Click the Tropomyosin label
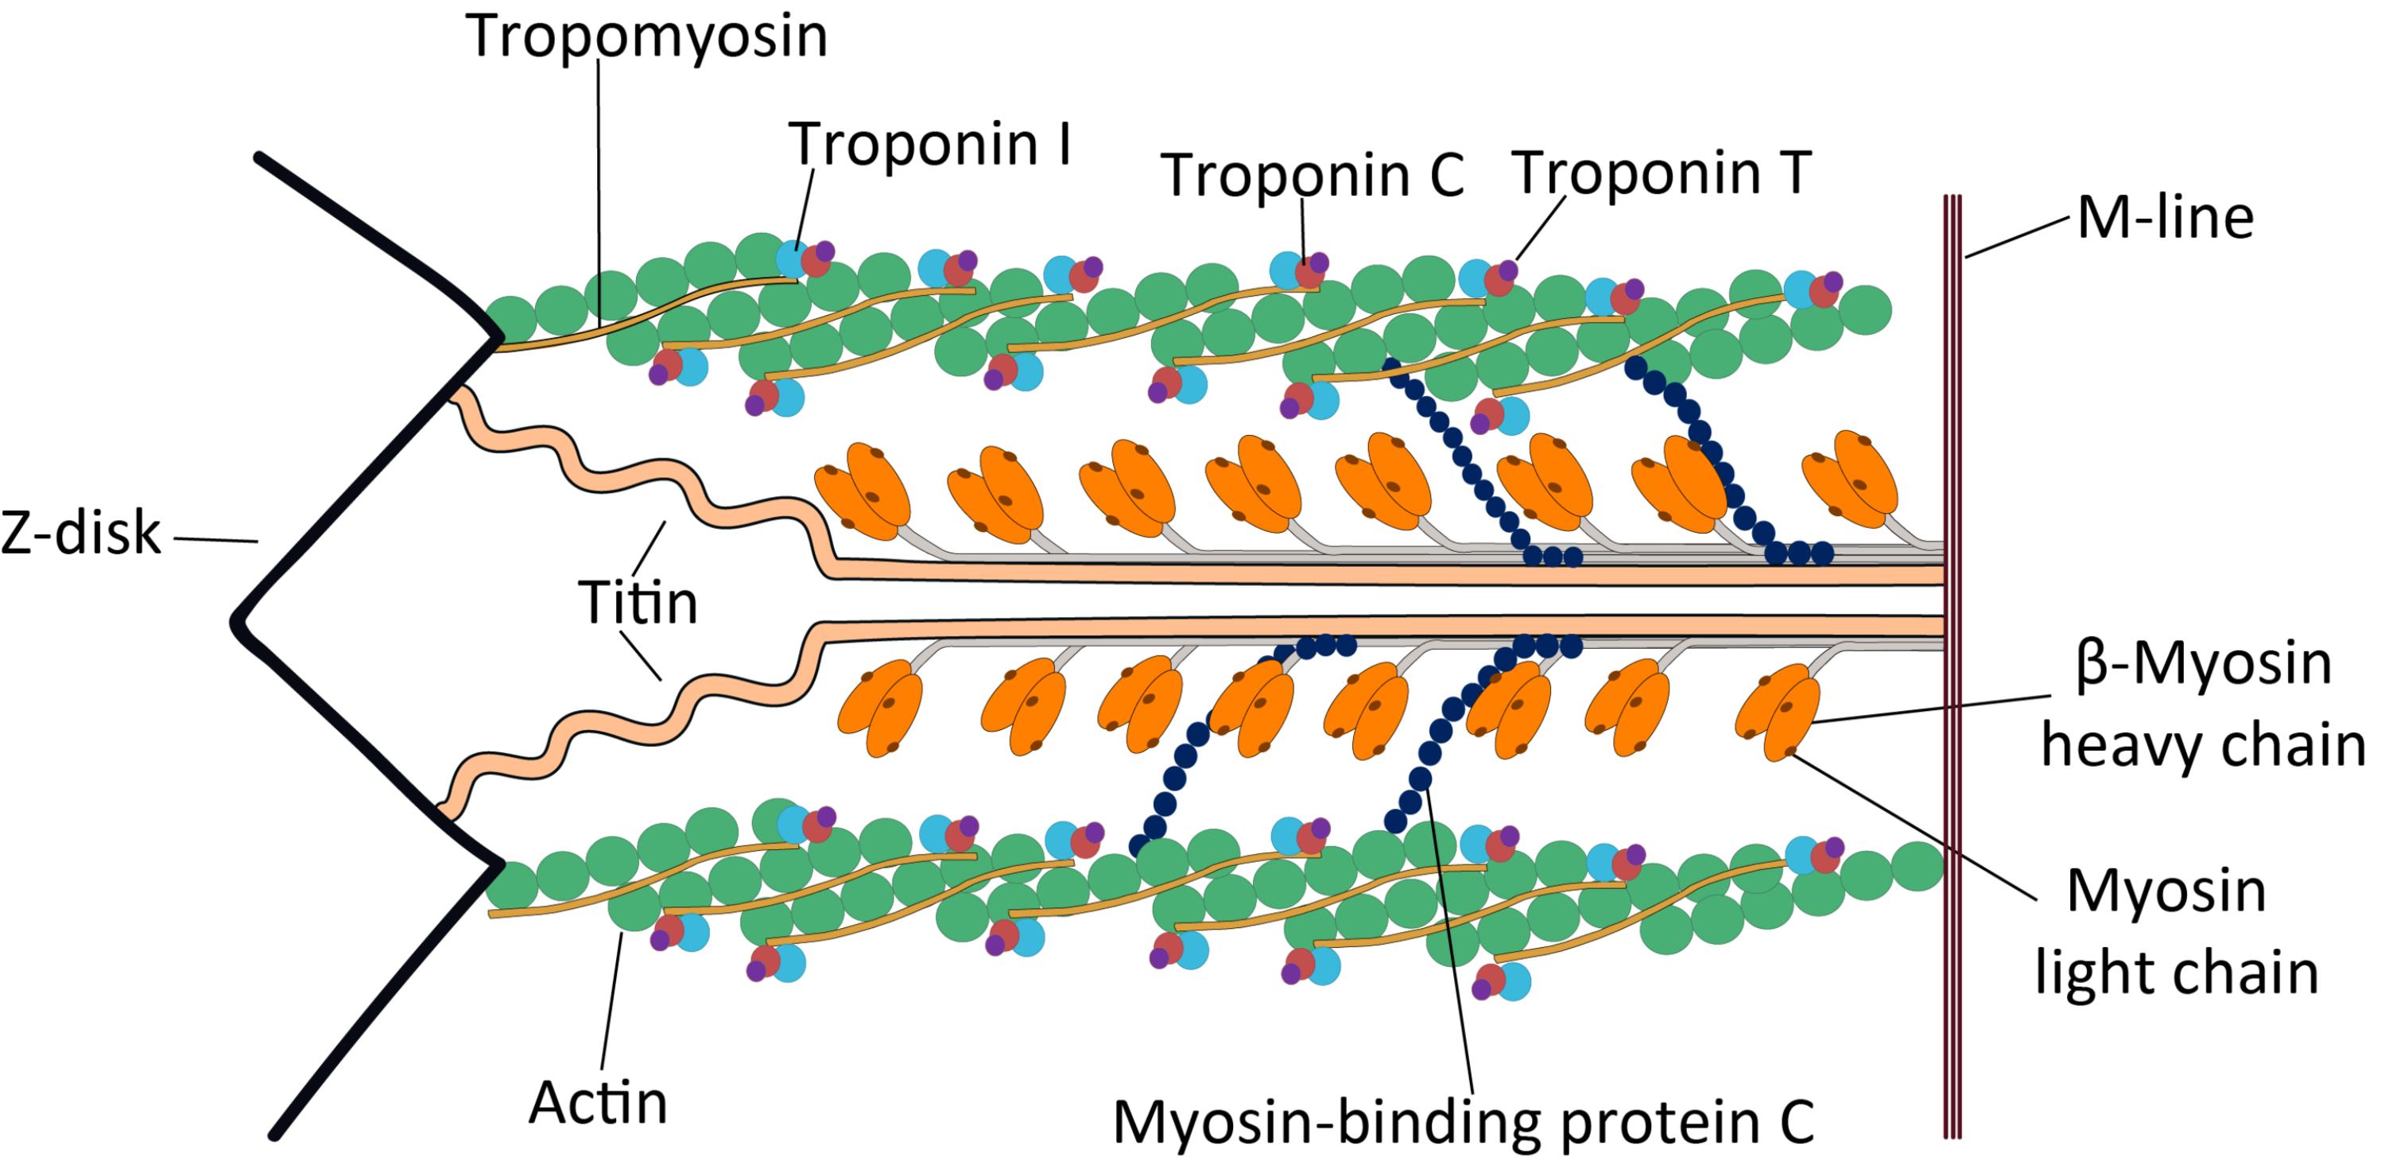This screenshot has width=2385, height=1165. [x=647, y=37]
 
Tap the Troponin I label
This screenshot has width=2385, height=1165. [x=929, y=145]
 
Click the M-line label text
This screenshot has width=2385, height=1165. [x=2165, y=219]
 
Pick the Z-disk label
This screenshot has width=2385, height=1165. [x=80, y=534]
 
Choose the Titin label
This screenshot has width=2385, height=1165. [x=637, y=603]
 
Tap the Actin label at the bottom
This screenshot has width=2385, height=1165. [x=597, y=1103]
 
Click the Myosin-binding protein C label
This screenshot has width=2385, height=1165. [x=1463, y=1122]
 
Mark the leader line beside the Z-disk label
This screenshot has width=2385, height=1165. [x=215, y=539]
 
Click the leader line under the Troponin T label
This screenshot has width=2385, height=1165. [x=1542, y=227]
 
